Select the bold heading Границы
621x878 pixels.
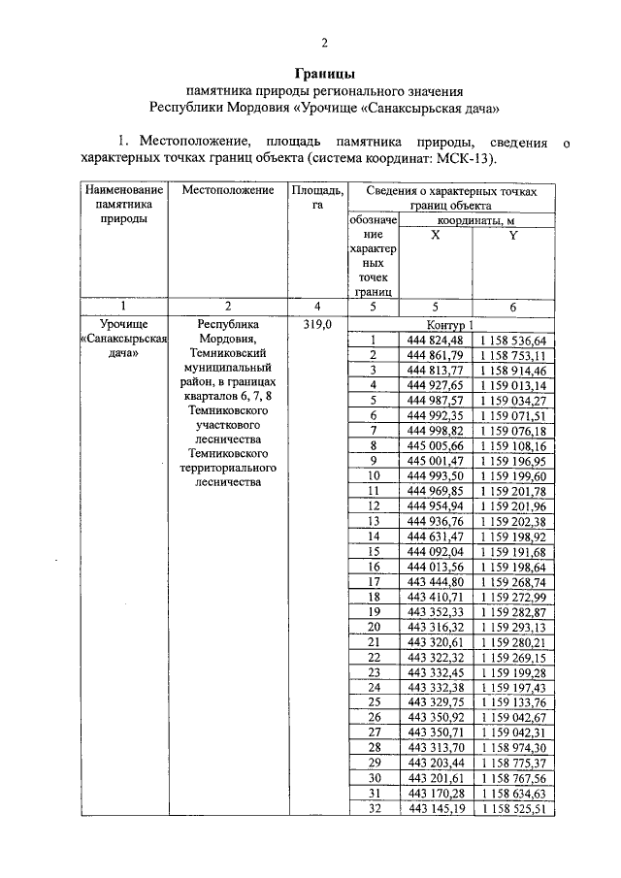click(x=325, y=74)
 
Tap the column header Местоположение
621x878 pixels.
click(x=228, y=190)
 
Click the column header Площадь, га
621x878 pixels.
click(x=316, y=198)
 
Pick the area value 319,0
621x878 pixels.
click(x=316, y=324)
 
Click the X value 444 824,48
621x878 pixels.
click(x=437, y=340)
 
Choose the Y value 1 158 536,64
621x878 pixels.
click(x=513, y=340)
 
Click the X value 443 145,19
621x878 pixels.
click(x=437, y=807)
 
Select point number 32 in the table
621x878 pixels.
click(x=373, y=807)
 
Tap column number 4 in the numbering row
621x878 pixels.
click(x=316, y=307)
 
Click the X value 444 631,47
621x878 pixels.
click(x=437, y=536)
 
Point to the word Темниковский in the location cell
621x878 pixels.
click(x=228, y=354)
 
